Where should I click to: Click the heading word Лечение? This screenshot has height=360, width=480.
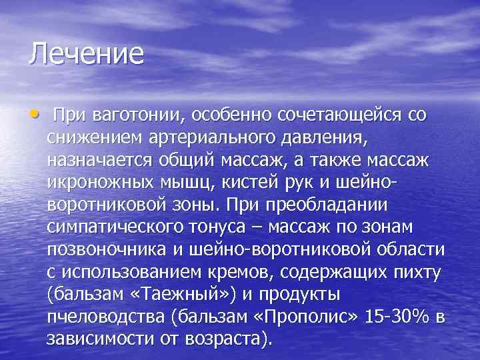(86, 54)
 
